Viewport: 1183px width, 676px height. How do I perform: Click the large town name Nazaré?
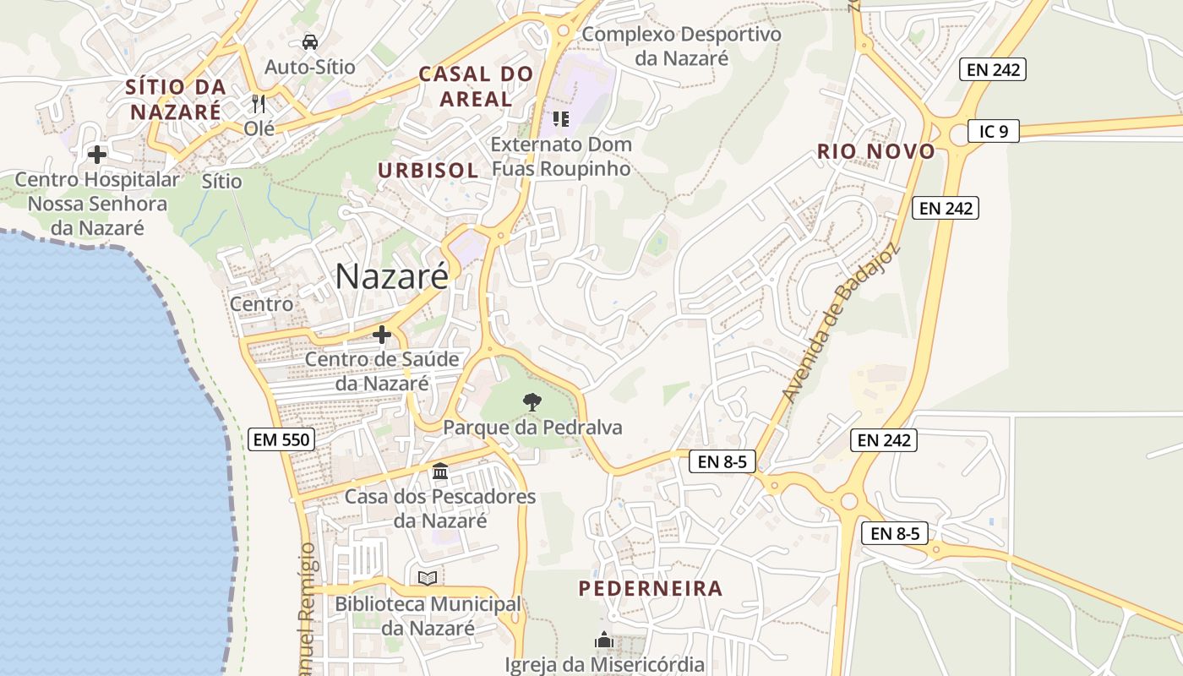click(392, 276)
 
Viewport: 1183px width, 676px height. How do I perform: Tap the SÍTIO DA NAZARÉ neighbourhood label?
click(176, 99)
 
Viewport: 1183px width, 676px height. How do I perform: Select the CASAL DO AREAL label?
click(477, 86)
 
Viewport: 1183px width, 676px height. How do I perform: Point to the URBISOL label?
click(428, 170)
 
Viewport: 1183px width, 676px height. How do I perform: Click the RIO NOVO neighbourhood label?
click(876, 152)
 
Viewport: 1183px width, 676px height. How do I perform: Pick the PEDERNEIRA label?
click(651, 589)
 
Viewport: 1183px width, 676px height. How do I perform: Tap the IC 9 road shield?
click(994, 131)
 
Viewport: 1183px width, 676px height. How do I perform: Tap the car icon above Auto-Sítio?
click(310, 41)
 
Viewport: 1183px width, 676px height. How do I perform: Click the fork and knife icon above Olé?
click(259, 104)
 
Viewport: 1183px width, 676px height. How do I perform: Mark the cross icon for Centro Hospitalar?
click(97, 155)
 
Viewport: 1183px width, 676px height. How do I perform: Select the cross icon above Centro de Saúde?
click(382, 335)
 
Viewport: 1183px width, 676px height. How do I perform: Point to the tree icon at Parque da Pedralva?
click(532, 401)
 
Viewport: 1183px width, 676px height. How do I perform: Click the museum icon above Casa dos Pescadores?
click(440, 471)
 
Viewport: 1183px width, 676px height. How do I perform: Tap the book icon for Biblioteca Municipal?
click(428, 578)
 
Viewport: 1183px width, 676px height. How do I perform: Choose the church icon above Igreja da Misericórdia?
click(603, 640)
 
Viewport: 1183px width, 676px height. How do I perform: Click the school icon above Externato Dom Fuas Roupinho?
click(561, 119)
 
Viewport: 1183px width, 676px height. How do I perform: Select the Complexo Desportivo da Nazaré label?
click(682, 46)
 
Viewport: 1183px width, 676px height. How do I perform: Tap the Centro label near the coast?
click(262, 304)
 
